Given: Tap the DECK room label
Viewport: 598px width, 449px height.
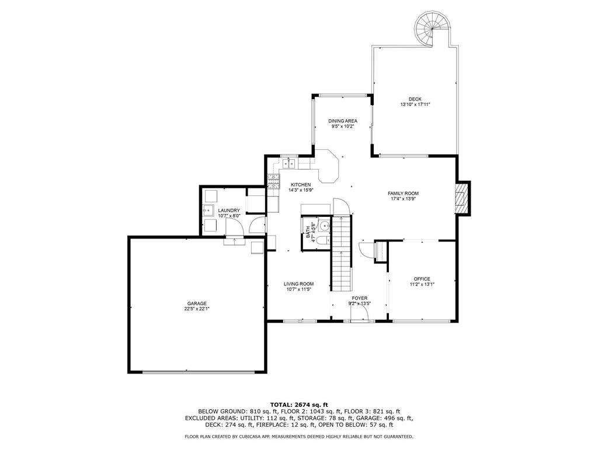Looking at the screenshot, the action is (415, 99).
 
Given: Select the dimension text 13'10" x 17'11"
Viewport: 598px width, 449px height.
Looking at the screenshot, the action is (415, 104).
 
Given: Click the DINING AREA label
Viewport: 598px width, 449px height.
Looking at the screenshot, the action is (343, 121).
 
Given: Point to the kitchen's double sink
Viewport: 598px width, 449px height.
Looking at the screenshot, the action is (289, 164).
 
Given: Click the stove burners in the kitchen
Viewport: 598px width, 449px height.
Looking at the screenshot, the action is (273, 181).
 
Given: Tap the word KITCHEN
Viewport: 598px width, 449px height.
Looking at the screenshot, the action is (301, 185).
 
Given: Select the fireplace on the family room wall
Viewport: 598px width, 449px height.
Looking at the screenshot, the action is (463, 198).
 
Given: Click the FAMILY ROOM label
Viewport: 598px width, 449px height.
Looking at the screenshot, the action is (403, 194).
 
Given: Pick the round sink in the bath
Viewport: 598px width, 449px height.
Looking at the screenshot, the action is (324, 226).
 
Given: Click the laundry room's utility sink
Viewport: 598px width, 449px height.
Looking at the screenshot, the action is (208, 210).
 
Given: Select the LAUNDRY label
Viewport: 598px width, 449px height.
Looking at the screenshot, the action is (229, 210).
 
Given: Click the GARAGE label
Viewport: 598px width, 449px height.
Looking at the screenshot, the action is (197, 303).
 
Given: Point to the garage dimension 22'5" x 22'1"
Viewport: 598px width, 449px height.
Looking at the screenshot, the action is (197, 309).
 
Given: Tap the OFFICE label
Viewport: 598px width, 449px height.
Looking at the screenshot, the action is (422, 279).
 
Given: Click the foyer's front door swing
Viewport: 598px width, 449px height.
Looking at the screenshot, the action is (359, 315).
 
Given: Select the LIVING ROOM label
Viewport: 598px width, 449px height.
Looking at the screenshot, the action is (298, 284).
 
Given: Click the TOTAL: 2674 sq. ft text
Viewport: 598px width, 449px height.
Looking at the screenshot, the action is (299, 405).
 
